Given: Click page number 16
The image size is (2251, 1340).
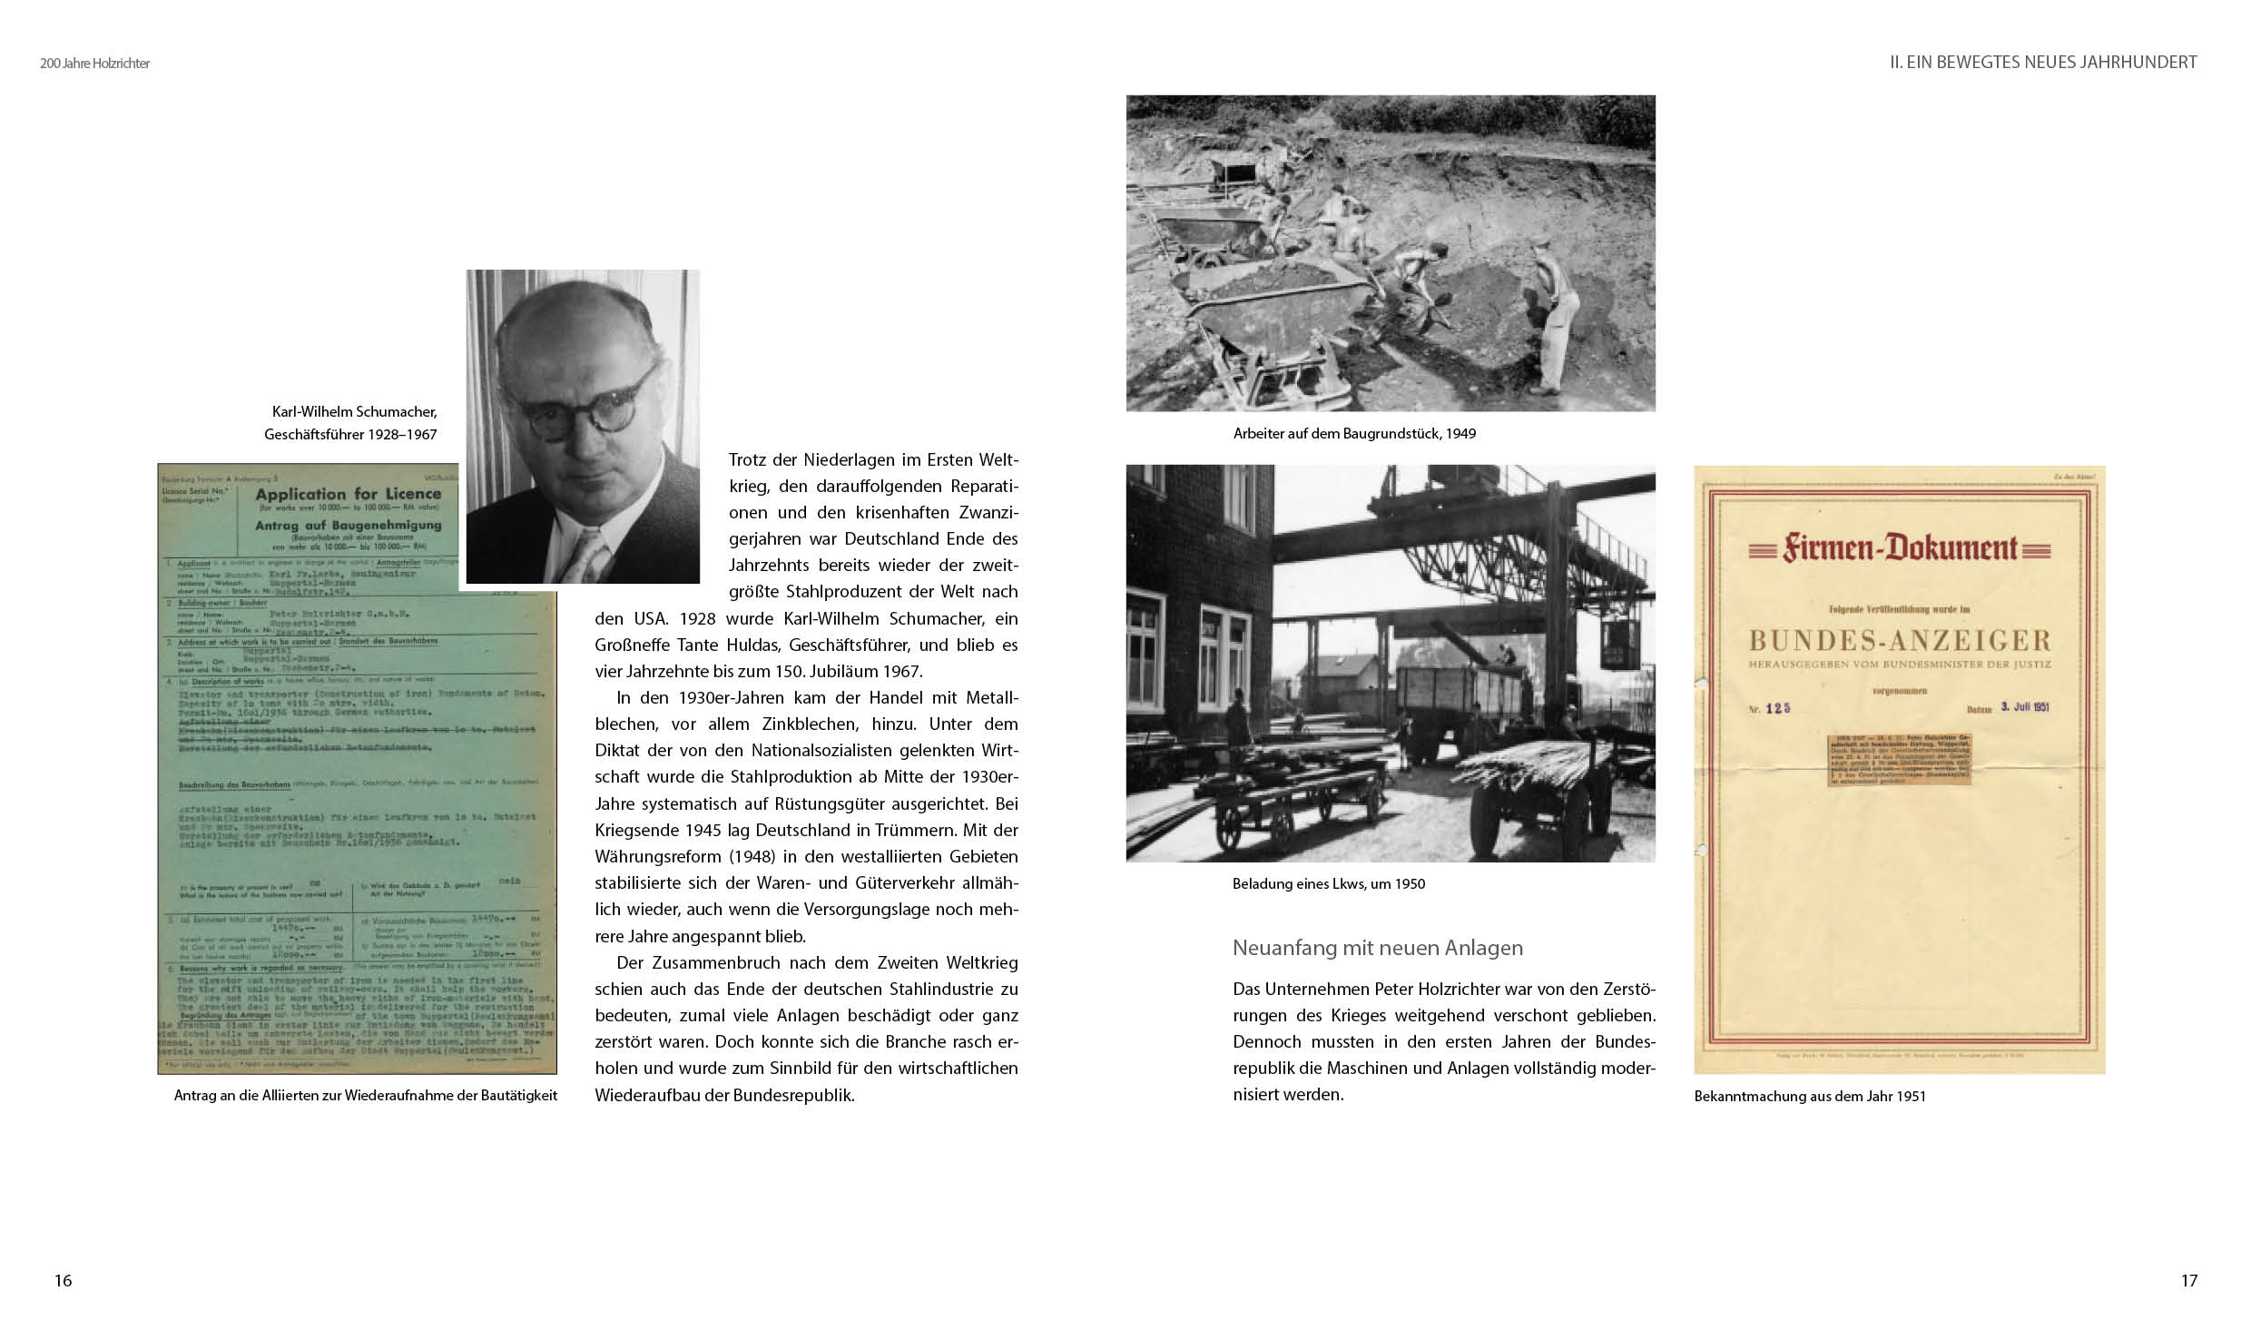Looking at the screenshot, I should coord(63,1280).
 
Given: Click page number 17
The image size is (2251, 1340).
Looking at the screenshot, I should coord(2188,1280).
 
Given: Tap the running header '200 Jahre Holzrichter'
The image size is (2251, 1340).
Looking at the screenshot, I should coord(94,64).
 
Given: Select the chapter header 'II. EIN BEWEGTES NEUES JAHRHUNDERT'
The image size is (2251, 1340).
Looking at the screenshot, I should coord(2043,62).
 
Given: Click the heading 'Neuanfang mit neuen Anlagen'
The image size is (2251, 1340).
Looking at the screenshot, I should coord(1377,948).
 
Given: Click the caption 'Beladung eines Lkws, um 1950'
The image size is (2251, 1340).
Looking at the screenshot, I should coord(1329,883).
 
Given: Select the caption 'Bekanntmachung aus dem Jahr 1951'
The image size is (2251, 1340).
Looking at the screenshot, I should coord(1810,1096).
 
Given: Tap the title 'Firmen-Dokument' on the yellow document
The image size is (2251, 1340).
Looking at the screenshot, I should coord(1897,548).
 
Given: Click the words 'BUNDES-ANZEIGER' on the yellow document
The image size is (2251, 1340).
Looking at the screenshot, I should coord(1900,641).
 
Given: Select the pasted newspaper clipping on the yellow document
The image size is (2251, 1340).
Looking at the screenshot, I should coord(1898,772).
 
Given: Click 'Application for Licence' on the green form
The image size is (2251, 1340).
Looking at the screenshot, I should coord(348,495).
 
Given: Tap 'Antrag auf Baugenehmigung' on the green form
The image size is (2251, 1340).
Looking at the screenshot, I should coord(348,525).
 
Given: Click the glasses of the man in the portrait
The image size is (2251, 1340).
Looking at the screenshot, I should coord(585,402).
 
